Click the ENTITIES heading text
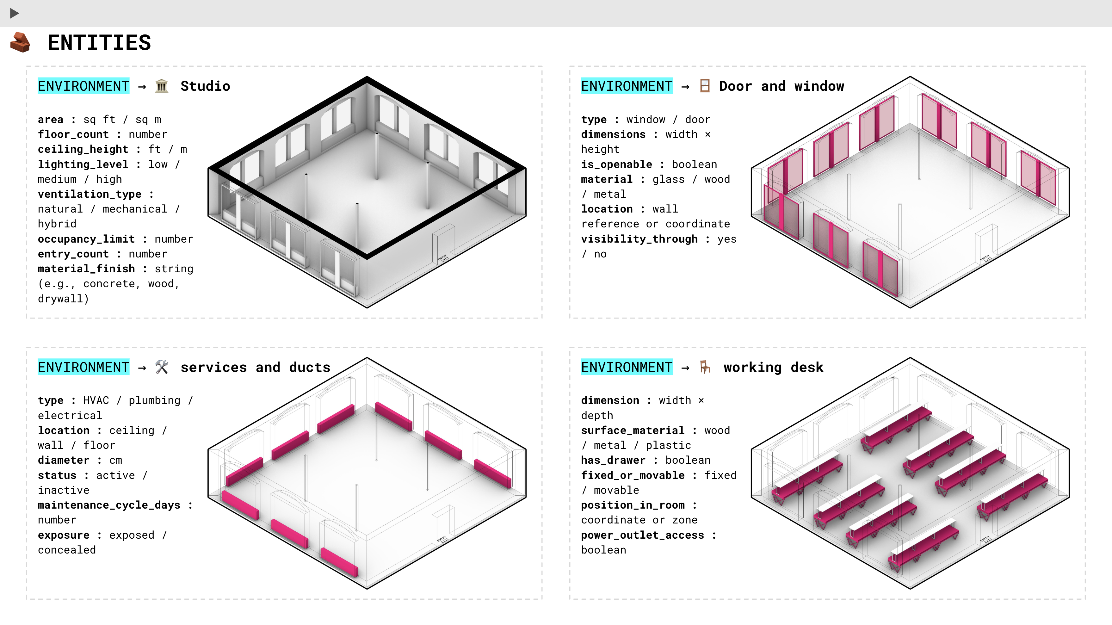[x=99, y=43]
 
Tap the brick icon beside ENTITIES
[x=20, y=42]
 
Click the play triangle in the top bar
[x=14, y=13]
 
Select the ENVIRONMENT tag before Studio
[x=83, y=86]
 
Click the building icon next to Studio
[x=161, y=86]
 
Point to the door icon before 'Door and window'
[x=705, y=86]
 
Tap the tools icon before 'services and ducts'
[x=161, y=367]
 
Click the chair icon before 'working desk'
[x=705, y=367]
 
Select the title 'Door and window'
[x=781, y=86]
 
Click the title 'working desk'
[x=773, y=367]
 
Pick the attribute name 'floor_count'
[x=73, y=134]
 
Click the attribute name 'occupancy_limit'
[x=86, y=239]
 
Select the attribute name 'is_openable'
[x=616, y=164]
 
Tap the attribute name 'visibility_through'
[x=639, y=239]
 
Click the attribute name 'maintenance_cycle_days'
[x=109, y=505]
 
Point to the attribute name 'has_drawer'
[x=613, y=460]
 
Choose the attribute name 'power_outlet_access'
[x=642, y=535]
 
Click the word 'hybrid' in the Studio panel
[x=57, y=224]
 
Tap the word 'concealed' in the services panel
[x=67, y=550]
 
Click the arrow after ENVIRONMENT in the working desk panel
[x=685, y=368]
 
